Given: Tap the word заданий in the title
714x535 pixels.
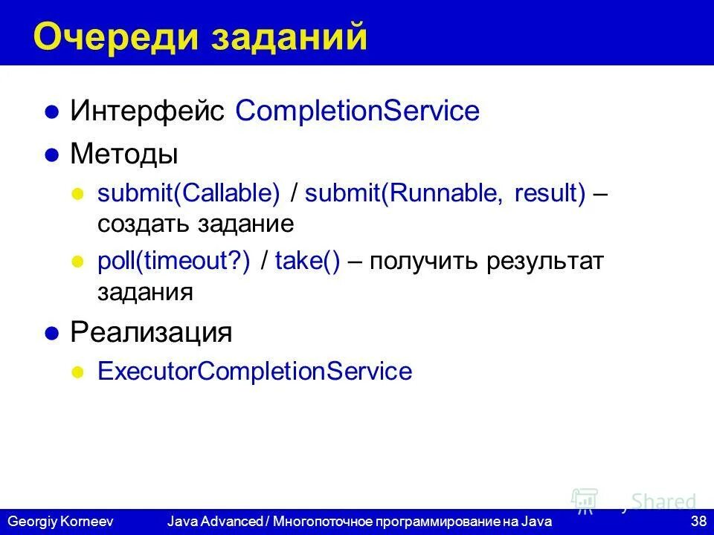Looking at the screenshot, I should [x=290, y=37].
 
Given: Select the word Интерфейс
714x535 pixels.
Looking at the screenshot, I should [x=148, y=111].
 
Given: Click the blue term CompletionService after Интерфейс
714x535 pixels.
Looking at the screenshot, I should [x=357, y=111].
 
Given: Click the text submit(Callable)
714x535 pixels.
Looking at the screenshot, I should [x=189, y=194].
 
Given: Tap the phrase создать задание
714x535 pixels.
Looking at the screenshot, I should [x=196, y=224].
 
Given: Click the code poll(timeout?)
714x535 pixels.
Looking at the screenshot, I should [x=174, y=262].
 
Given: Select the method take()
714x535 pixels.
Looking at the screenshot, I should [x=307, y=262].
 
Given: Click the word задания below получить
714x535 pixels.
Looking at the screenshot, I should [x=145, y=291].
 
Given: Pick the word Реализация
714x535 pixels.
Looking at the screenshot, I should [x=151, y=332].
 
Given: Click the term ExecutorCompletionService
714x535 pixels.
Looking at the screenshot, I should [x=254, y=371].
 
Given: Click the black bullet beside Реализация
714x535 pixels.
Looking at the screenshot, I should [x=52, y=334].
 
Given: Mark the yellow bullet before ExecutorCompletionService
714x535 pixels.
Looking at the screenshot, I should [x=77, y=372].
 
